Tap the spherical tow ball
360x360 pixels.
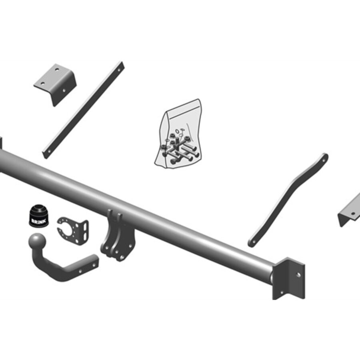(x=37, y=242)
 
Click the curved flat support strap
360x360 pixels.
(x=288, y=200)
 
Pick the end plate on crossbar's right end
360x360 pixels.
(x=289, y=278)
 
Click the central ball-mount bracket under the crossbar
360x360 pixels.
(x=117, y=236)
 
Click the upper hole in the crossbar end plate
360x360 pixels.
(x=298, y=275)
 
